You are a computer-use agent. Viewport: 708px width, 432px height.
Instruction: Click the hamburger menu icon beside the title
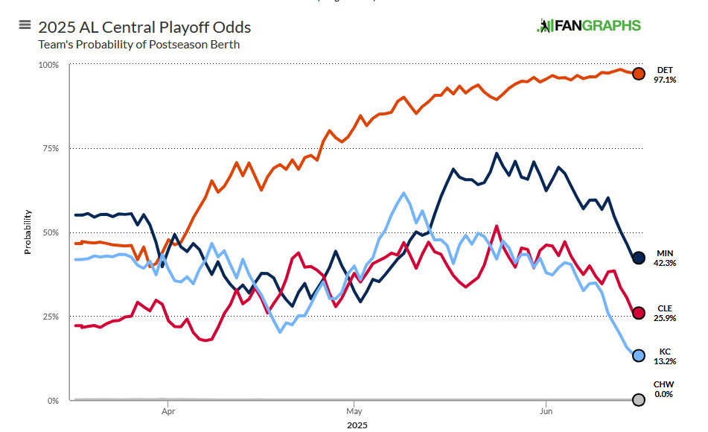tap(24, 27)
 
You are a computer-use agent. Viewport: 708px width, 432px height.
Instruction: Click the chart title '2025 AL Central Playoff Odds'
tap(144, 28)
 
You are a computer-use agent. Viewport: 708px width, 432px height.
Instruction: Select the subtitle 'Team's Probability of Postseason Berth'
tap(139, 45)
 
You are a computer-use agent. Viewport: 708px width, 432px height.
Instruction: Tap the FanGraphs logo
tap(588, 26)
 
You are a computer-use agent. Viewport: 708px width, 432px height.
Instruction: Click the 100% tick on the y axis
tap(48, 65)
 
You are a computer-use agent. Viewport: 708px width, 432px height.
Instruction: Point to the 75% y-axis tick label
tap(50, 149)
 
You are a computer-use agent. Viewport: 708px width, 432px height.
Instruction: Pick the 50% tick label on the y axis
tap(50, 233)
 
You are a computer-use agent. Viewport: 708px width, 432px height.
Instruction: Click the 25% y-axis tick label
tap(50, 317)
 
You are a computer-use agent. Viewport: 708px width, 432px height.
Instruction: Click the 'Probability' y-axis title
tap(28, 232)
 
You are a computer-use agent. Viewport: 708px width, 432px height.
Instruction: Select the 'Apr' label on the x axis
tap(168, 410)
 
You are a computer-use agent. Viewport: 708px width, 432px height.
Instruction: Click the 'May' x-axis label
tap(354, 410)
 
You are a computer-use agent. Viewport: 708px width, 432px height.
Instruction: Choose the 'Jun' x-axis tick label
tap(546, 410)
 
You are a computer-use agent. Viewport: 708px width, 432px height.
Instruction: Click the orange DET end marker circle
tap(638, 74)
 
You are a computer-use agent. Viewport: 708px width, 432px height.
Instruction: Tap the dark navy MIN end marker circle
tap(638, 258)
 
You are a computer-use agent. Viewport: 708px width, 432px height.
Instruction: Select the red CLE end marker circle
tap(638, 313)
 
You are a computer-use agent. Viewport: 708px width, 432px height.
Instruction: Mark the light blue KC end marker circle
tap(638, 355)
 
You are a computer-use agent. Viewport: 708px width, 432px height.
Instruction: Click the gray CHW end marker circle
tap(638, 399)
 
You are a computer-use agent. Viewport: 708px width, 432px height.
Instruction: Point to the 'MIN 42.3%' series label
tap(665, 258)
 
